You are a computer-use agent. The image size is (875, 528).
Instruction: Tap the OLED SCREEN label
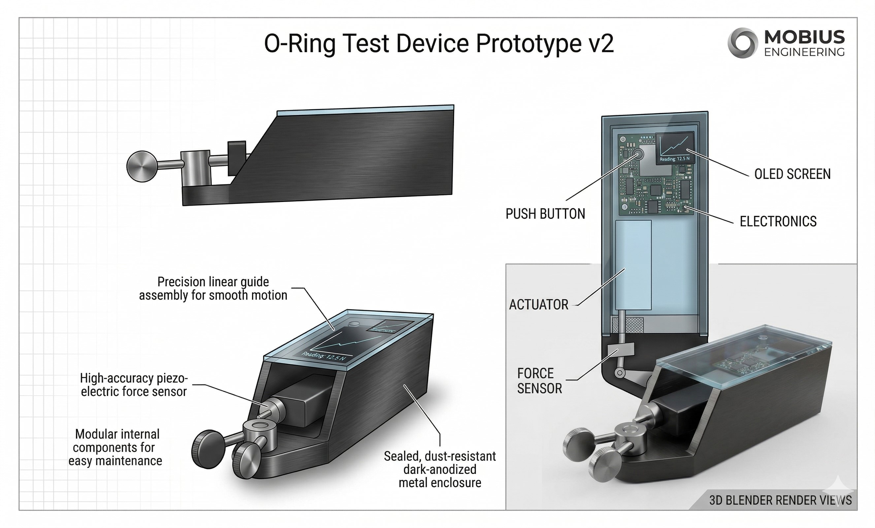[792, 174]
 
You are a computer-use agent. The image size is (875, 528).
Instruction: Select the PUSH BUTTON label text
[545, 214]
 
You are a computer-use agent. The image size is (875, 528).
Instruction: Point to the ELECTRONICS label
[778, 221]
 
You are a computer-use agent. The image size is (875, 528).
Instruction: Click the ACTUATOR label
[539, 305]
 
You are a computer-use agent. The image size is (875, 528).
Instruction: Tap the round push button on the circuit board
[638, 154]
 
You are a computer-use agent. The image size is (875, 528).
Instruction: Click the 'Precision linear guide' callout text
[213, 288]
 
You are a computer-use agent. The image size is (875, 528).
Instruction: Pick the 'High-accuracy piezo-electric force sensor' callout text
[134, 385]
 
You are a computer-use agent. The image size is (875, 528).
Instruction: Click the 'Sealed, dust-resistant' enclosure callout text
[439, 469]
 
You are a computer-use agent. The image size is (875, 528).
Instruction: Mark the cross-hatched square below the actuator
[628, 325]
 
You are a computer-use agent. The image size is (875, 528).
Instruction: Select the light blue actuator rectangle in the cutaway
[633, 265]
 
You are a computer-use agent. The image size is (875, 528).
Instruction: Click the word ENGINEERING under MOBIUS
[804, 52]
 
